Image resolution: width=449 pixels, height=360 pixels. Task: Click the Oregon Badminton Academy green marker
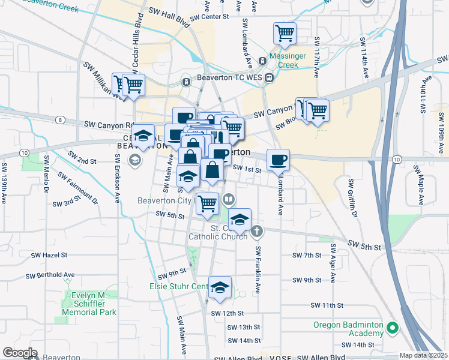pos(393,328)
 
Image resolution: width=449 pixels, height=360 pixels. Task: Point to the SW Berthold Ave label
pos(50,275)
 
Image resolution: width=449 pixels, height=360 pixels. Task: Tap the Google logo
pos(20,353)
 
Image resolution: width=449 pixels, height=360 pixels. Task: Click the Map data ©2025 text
pos(423,355)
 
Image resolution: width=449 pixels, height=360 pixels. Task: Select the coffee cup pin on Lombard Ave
pos(278,160)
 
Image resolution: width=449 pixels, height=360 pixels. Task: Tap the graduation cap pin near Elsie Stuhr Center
pos(220,287)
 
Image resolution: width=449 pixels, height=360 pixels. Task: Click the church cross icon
pos(256,230)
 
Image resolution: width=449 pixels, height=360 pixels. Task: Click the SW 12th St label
pos(227,313)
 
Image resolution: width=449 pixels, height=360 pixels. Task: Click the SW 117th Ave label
pos(316,58)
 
